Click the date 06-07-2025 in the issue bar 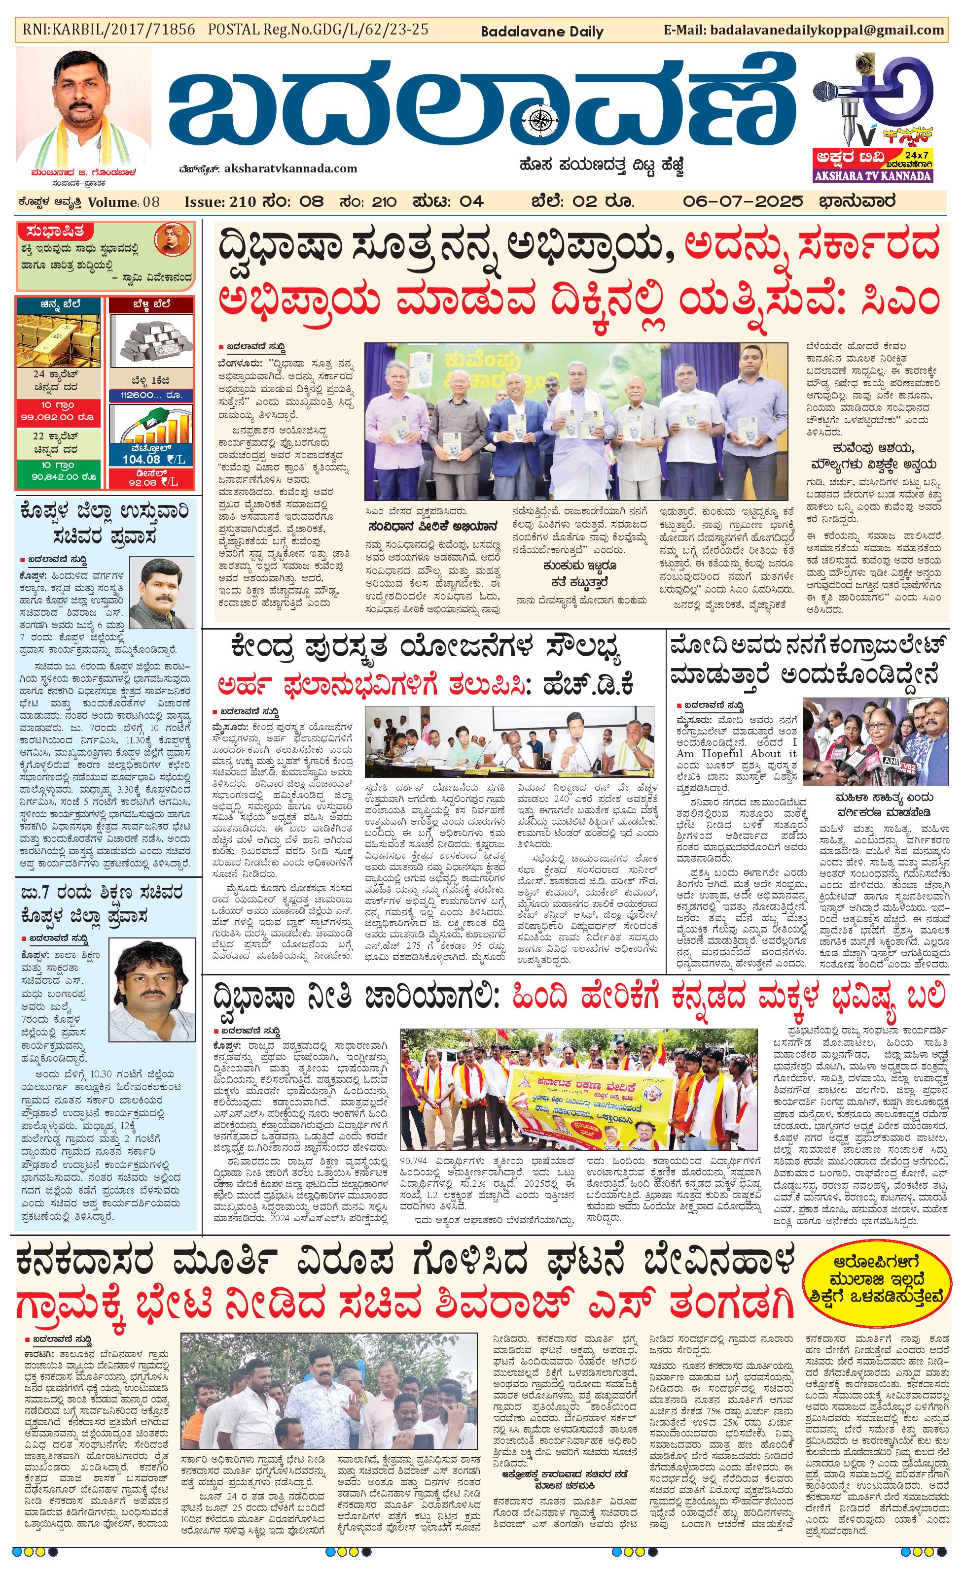742,202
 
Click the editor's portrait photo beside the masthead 83,108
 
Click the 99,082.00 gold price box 58,418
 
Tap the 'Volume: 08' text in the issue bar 124,202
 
